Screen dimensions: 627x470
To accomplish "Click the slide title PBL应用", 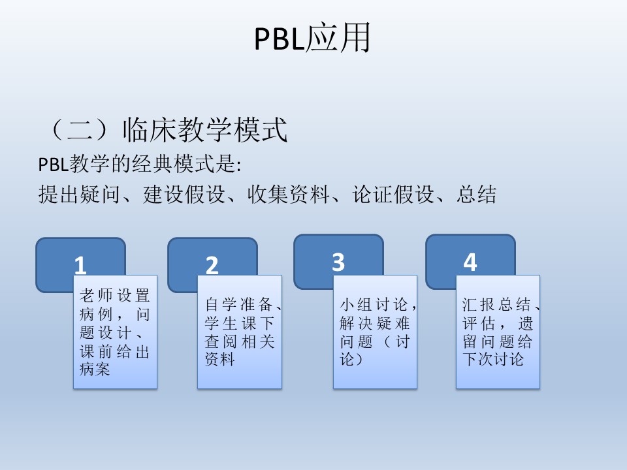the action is (x=312, y=38).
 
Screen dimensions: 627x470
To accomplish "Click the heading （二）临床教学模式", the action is (x=167, y=129).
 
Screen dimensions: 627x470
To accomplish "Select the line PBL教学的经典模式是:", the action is (x=140, y=164).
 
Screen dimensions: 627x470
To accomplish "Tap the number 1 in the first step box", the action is (x=80, y=266).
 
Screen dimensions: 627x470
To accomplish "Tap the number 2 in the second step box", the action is (x=212, y=266).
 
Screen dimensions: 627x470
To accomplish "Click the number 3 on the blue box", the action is (x=338, y=262).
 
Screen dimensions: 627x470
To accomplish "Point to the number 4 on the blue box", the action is (x=470, y=262).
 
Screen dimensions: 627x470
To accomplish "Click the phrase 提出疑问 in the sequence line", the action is (x=79, y=195).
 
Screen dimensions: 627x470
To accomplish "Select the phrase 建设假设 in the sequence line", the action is (x=184, y=195).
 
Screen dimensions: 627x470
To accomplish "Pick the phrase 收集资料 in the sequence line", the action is (x=288, y=195).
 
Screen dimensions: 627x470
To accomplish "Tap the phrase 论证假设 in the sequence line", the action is (x=393, y=195).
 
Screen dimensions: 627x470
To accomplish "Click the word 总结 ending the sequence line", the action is (x=477, y=195).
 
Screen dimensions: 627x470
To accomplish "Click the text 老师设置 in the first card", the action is (x=115, y=296).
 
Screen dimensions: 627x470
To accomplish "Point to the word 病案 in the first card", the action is (x=95, y=369).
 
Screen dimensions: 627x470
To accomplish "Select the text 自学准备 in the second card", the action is (x=239, y=305).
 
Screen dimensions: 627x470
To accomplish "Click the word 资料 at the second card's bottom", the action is (x=219, y=359).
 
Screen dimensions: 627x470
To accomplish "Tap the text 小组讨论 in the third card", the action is (x=374, y=305).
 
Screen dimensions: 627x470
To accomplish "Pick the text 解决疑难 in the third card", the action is (x=375, y=323).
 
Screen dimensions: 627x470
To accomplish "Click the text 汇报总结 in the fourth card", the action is (x=497, y=305).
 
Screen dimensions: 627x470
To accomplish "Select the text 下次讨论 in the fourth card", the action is (x=494, y=359).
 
